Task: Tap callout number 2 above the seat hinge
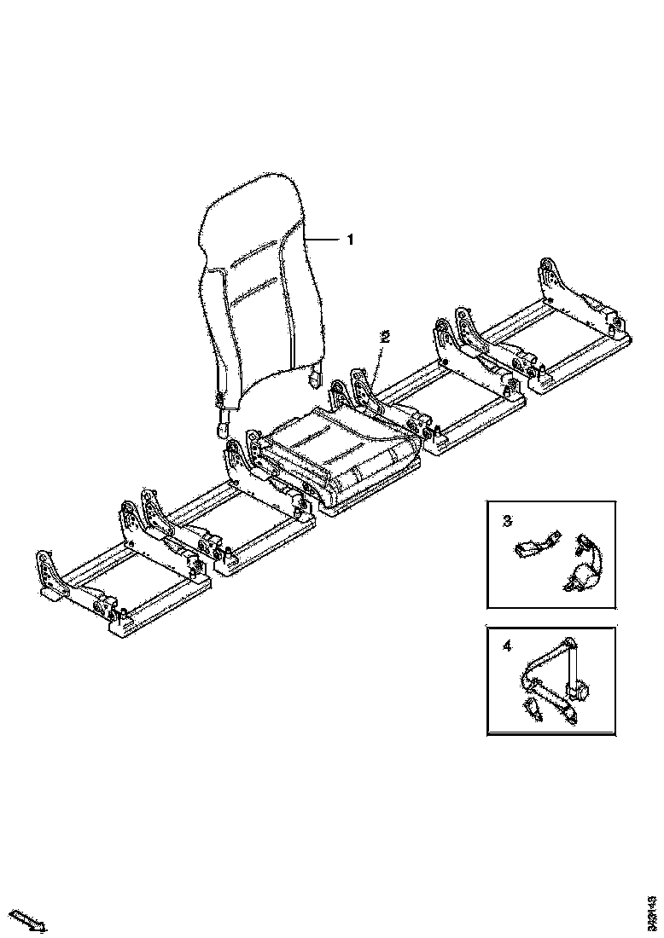click(385, 337)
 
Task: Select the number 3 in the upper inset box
click(507, 519)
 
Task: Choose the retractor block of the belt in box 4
click(581, 686)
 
